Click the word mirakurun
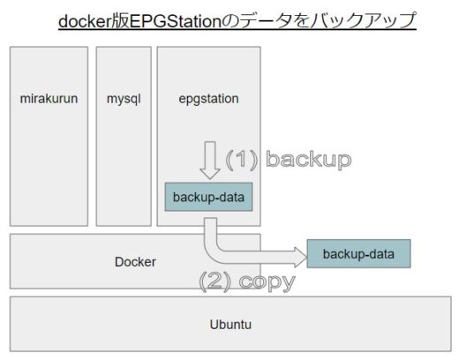pos(49,99)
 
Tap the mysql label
pos(124,99)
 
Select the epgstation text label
pos(208,99)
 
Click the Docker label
pos(135,262)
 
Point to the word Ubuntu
pos(230,325)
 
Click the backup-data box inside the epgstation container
pos(208,197)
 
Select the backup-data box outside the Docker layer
pos(358,253)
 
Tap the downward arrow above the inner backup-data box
pos(210,161)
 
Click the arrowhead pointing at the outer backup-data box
pos(301,258)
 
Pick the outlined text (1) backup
pos(289,160)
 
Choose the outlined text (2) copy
pos(247,281)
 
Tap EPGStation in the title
pos(176,21)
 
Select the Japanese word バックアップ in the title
pos(363,21)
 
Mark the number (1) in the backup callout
pos(242,160)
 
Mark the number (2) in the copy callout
pos(215,281)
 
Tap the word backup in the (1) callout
pos(309,160)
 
